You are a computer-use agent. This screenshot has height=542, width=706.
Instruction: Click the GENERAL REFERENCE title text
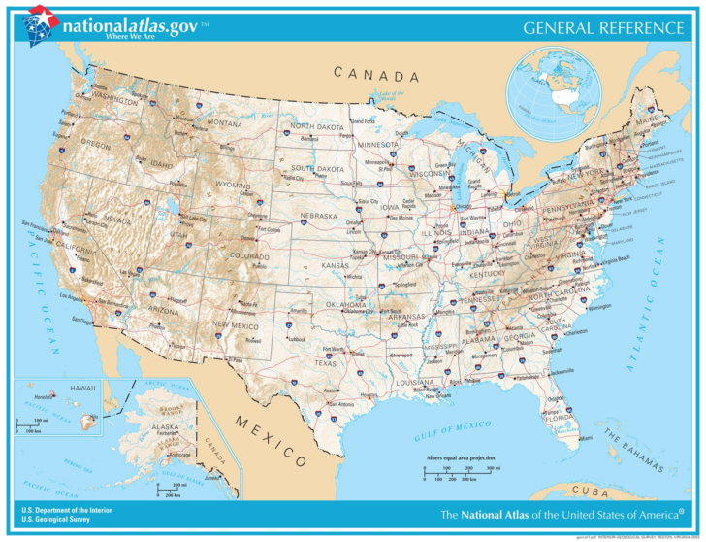point(602,27)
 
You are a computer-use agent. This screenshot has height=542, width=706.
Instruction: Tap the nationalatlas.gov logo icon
point(41,24)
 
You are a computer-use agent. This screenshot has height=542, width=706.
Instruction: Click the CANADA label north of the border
point(376,75)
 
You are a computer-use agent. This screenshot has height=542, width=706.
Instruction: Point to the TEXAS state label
point(325,362)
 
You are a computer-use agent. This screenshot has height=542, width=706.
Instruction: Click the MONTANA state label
point(225,123)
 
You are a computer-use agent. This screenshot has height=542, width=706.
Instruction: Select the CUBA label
point(590,491)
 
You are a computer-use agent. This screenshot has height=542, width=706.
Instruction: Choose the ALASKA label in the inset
point(165,426)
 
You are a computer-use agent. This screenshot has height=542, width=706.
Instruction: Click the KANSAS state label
point(336,265)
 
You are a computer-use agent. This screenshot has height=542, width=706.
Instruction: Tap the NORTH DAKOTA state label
point(317,127)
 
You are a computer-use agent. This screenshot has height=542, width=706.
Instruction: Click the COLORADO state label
point(249,256)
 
